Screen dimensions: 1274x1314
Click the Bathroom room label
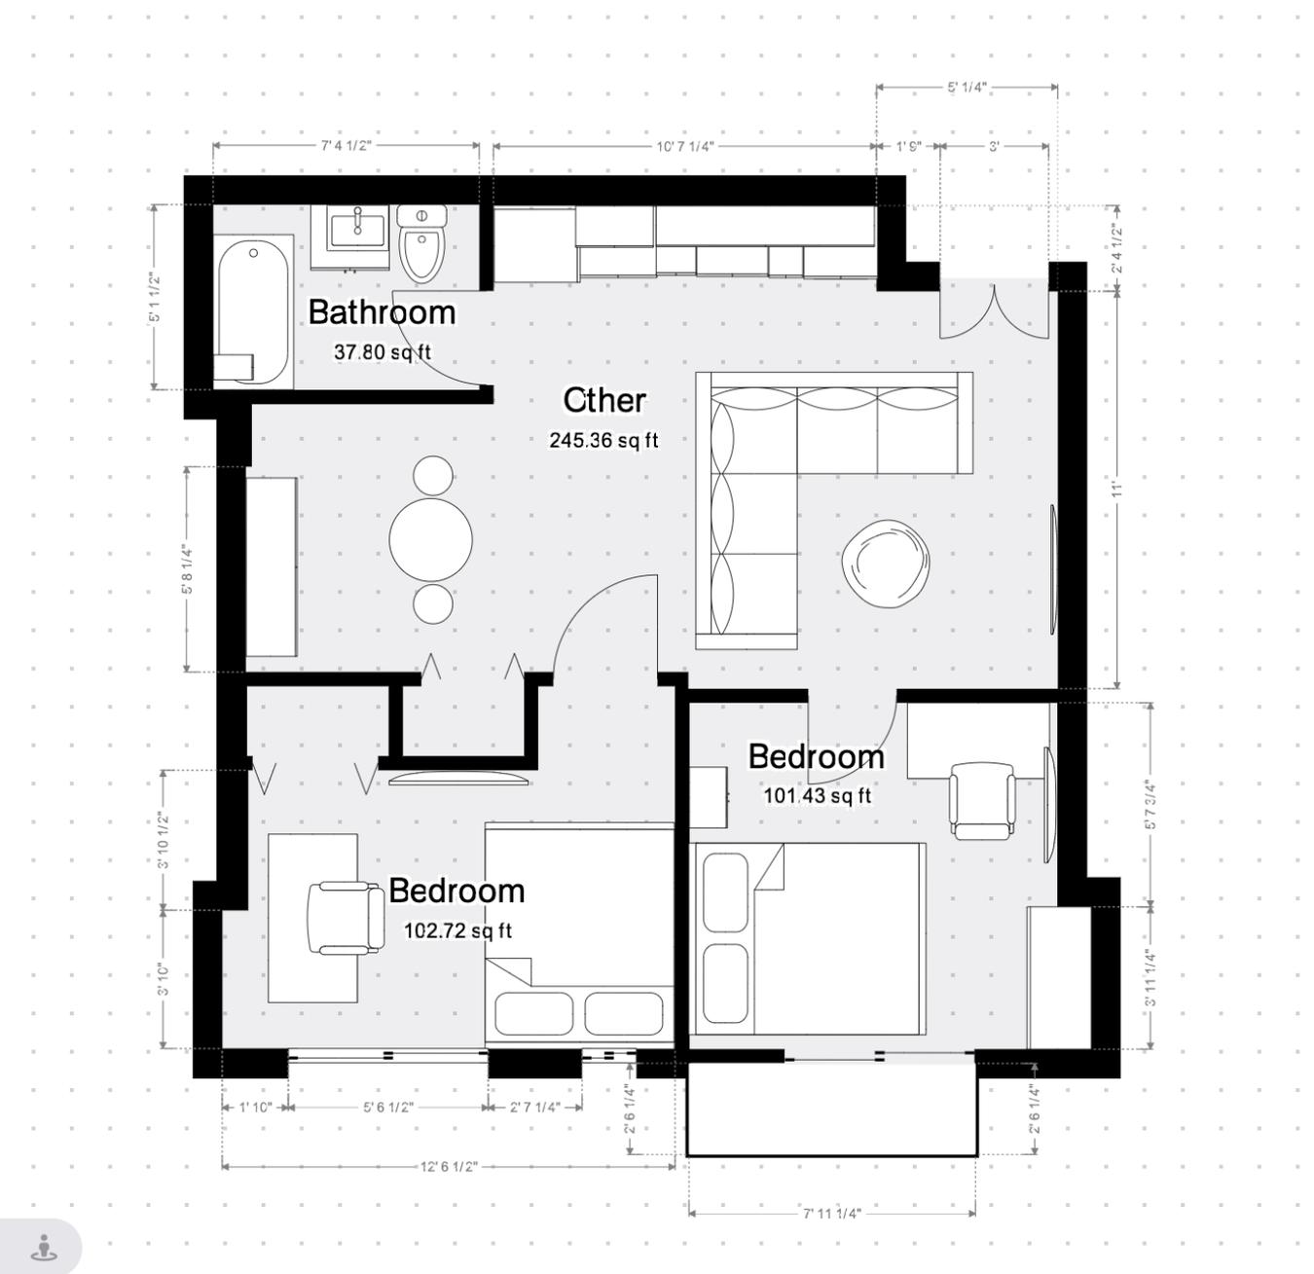tap(382, 312)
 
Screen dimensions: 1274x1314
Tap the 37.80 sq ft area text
tap(382, 352)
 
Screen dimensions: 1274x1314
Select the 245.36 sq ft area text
tap(603, 440)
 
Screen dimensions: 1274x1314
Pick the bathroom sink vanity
tap(356, 234)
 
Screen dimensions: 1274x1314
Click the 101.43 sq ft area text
tap(817, 796)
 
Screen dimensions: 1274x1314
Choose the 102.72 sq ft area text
tap(457, 930)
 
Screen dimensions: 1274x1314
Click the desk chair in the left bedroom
tap(345, 918)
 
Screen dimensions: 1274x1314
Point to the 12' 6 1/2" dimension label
tap(449, 1166)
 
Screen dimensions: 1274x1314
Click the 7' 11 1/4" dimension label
tap(831, 1213)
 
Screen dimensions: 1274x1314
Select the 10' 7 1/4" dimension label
tap(684, 146)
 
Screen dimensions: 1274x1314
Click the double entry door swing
tap(993, 311)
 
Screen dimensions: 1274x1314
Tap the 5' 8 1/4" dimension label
tap(186, 569)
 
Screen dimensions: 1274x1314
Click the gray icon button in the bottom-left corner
tap(42, 1247)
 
